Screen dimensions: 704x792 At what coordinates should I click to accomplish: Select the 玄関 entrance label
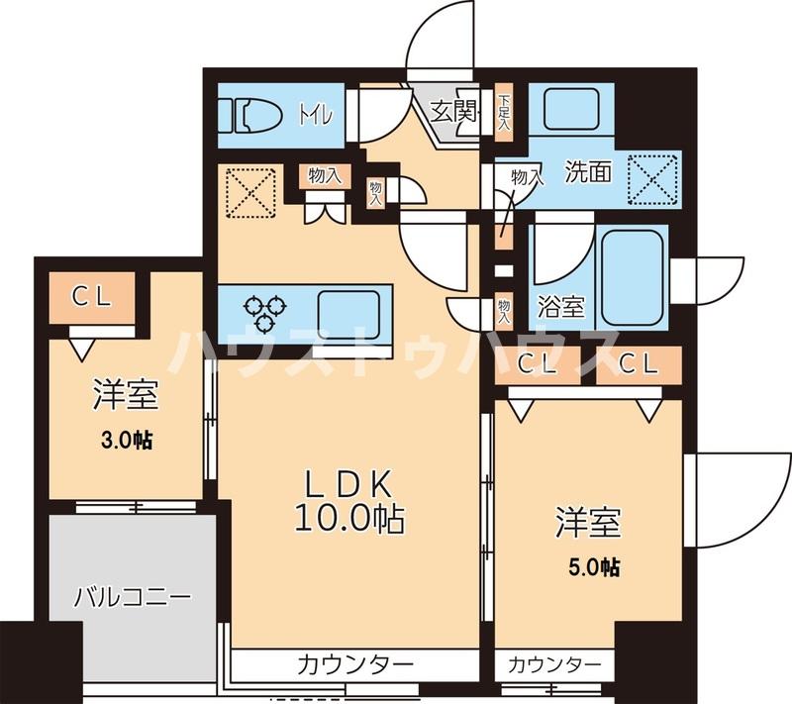pos(454,111)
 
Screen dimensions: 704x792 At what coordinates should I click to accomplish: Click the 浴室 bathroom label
pos(560,306)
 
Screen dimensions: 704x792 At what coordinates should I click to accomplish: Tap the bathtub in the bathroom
pos(634,277)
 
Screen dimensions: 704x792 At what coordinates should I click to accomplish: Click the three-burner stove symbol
pos(268,310)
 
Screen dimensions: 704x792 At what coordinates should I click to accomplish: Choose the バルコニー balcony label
pos(132,598)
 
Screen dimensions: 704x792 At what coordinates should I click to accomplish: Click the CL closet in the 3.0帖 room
pos(91,296)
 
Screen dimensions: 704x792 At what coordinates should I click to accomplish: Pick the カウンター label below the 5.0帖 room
pos(554,662)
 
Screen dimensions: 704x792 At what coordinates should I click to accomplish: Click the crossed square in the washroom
pos(655,179)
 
